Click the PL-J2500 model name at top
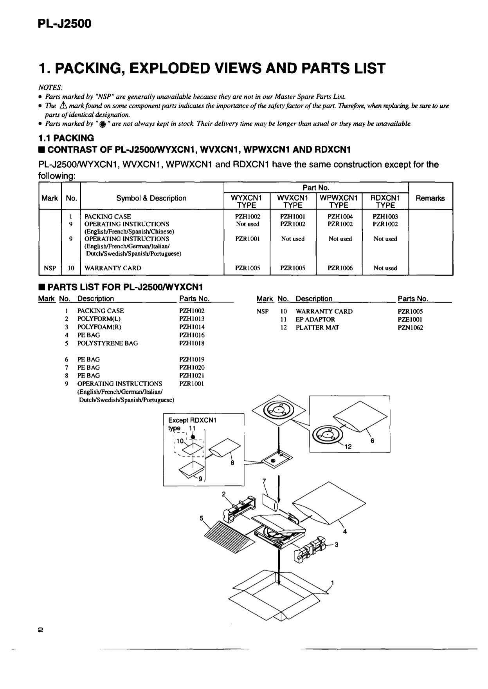click(65, 24)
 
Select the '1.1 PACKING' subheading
click(66, 138)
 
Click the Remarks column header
click(430, 198)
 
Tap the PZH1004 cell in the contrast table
click(340, 217)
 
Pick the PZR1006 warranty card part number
click(340, 268)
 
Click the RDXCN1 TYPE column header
click(385, 201)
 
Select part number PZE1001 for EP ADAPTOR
click(410, 320)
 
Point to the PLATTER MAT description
click(317, 328)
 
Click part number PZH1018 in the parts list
click(192, 344)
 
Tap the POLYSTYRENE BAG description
click(107, 344)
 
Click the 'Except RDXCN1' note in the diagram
click(192, 420)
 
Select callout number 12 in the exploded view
click(348, 447)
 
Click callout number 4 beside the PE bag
click(345, 532)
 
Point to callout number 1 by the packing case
click(333, 582)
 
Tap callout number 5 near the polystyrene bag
click(202, 518)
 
